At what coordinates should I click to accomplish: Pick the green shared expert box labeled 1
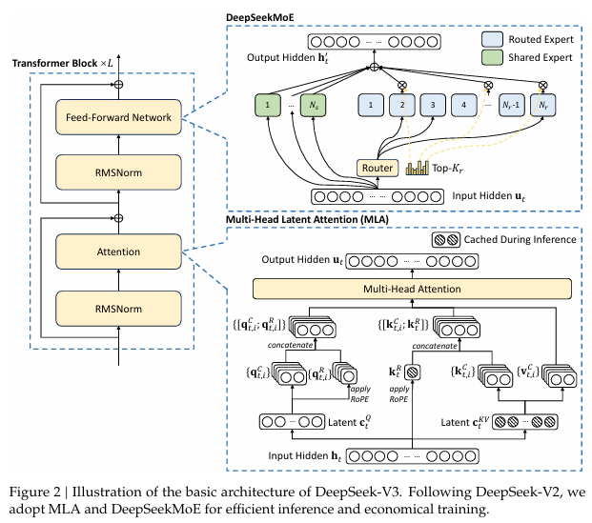click(x=270, y=104)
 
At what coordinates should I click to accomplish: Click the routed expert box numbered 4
click(x=467, y=104)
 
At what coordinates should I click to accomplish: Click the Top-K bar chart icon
click(x=416, y=169)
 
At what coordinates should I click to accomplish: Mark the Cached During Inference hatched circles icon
click(x=446, y=241)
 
